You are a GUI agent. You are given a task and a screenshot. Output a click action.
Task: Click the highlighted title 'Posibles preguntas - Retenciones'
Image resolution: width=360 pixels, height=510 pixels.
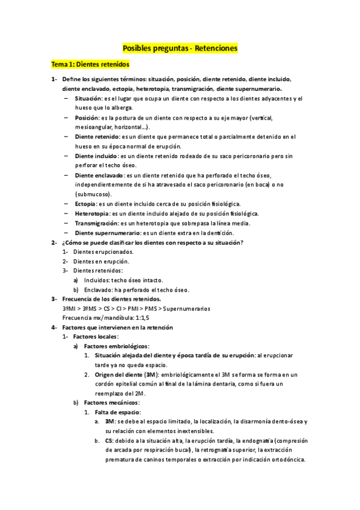click(180, 47)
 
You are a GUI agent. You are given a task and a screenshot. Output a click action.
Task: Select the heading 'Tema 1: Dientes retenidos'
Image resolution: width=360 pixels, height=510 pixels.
click(90, 64)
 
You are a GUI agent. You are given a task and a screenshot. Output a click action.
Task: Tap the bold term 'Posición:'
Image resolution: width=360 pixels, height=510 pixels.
click(87, 117)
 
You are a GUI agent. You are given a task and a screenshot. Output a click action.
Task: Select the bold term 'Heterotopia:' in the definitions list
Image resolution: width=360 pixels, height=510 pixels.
click(93, 214)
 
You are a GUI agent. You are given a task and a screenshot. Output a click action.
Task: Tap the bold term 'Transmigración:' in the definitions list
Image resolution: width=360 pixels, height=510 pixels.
click(96, 223)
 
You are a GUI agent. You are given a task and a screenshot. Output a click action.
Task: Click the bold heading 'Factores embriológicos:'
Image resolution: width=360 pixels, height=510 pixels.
click(117, 346)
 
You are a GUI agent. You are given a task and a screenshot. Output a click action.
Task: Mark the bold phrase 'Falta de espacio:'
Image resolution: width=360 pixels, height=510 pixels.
click(118, 412)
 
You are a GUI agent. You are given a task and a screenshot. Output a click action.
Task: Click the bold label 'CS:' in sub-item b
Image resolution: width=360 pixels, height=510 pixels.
click(109, 441)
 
